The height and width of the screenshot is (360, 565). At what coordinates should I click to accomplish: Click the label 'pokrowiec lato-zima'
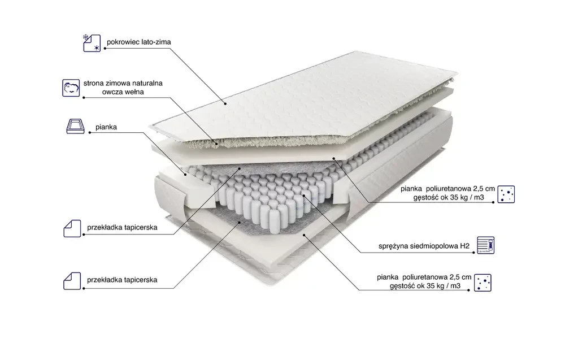pos(139,42)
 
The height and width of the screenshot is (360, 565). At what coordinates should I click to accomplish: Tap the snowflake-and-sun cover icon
pos(92,44)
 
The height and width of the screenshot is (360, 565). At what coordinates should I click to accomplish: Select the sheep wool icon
pos(71,88)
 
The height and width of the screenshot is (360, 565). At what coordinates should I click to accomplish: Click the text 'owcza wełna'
pos(123,92)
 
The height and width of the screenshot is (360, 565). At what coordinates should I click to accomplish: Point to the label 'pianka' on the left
pos(106,127)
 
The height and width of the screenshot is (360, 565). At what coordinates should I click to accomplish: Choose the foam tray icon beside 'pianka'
pos(75,127)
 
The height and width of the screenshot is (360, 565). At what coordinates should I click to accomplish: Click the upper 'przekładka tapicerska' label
pos(122,228)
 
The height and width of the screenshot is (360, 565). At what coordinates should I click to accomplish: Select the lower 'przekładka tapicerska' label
pos(122,280)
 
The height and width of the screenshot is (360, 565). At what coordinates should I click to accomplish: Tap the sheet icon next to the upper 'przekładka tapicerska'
pos(72,228)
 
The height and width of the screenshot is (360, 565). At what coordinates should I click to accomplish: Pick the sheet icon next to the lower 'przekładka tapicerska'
pos(72,281)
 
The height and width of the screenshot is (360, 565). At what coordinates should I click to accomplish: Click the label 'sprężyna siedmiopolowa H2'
pos(424,246)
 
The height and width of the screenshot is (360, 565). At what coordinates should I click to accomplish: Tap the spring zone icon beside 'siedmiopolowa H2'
pos(486,245)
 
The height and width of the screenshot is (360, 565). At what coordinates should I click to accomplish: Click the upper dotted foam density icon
pos(506,194)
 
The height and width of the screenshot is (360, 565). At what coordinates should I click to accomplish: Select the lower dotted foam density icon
pos(483,283)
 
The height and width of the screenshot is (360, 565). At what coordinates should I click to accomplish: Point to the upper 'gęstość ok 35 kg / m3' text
pos(449,197)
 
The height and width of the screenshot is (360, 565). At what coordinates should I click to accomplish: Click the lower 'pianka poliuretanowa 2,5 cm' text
pos(424,277)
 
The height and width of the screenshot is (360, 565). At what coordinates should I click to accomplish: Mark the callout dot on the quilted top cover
pos(225,104)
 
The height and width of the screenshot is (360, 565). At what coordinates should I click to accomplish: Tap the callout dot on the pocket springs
pos(304,196)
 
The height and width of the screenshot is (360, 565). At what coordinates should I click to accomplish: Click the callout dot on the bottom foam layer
pos(304,235)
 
